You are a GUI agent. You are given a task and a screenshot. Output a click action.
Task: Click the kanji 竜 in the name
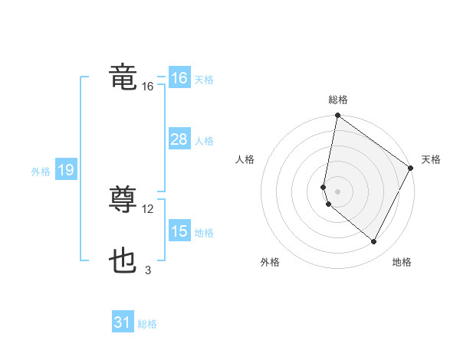click(123, 77)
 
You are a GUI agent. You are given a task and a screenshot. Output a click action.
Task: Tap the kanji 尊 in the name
click(123, 200)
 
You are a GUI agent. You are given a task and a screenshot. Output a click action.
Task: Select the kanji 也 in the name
click(123, 261)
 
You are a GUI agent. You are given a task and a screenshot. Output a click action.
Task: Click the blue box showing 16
click(179, 78)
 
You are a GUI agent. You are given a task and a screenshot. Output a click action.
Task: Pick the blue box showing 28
click(179, 139)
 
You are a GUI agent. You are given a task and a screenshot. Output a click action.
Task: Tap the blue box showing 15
click(179, 231)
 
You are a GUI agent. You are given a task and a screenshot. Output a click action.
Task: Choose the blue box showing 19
click(66, 170)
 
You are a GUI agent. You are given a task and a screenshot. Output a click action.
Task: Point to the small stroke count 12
click(148, 209)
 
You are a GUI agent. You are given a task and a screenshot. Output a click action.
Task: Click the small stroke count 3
click(148, 270)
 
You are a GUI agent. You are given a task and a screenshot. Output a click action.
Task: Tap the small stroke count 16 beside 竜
click(148, 87)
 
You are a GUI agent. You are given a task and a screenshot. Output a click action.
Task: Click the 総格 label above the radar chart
click(338, 100)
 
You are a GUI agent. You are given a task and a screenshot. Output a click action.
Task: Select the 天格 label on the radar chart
click(431, 159)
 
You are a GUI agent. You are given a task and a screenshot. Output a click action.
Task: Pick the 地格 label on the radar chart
click(402, 263)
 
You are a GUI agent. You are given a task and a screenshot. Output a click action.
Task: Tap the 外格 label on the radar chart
click(270, 263)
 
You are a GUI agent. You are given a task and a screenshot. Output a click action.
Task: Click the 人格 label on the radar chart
click(245, 159)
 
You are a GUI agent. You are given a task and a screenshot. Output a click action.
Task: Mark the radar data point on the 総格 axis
click(337, 116)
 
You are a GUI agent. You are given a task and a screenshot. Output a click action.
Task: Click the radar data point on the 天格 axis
click(411, 168)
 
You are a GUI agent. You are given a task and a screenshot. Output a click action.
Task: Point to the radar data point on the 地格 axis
click(374, 242)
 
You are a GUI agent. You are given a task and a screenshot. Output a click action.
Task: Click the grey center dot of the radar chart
click(337, 191)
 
